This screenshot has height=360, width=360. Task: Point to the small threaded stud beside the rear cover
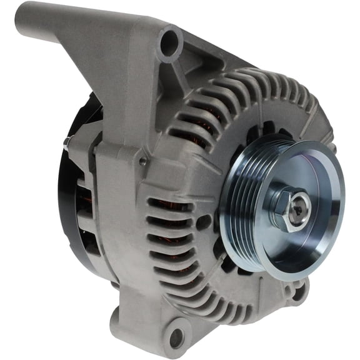point(66,144)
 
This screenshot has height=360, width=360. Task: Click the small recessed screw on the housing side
point(144,161)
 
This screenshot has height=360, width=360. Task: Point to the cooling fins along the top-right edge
point(287,94)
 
